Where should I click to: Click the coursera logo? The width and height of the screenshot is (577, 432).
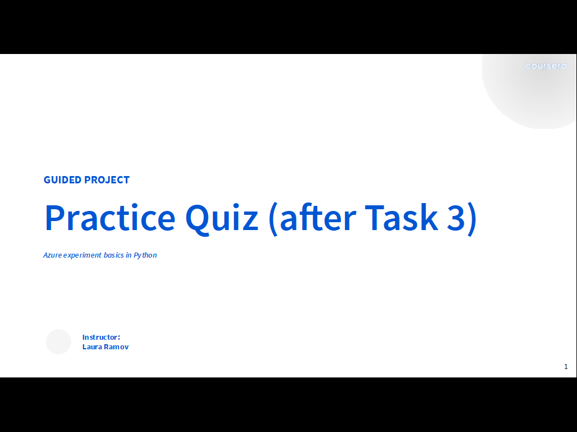pyautogui.click(x=546, y=66)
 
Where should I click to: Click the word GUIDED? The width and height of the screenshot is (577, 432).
pyautogui.click(x=63, y=179)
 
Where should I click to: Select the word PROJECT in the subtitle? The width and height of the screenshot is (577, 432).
pyautogui.click(x=107, y=179)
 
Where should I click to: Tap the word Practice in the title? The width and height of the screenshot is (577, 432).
pyautogui.click(x=110, y=218)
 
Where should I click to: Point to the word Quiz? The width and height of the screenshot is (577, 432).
pyautogui.click(x=221, y=219)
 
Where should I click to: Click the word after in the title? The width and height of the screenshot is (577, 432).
pyautogui.click(x=318, y=217)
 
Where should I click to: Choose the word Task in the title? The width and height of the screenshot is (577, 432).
pyautogui.click(x=401, y=217)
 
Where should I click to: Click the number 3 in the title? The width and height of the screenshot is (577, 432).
pyautogui.click(x=456, y=218)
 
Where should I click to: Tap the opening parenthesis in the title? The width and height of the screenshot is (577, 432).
pyautogui.click(x=273, y=219)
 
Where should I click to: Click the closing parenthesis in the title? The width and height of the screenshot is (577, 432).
pyautogui.click(x=473, y=219)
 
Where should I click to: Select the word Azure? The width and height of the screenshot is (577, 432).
pyautogui.click(x=52, y=255)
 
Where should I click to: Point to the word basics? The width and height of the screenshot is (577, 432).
pyautogui.click(x=114, y=255)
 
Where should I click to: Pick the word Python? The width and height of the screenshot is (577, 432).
pyautogui.click(x=145, y=255)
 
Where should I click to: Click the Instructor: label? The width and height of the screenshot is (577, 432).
pyautogui.click(x=101, y=337)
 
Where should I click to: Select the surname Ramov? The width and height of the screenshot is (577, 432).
pyautogui.click(x=116, y=346)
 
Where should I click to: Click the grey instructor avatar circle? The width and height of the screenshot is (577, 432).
pyautogui.click(x=59, y=341)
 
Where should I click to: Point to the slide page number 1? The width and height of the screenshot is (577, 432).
pyautogui.click(x=566, y=367)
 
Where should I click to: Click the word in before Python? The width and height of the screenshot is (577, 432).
pyautogui.click(x=128, y=255)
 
